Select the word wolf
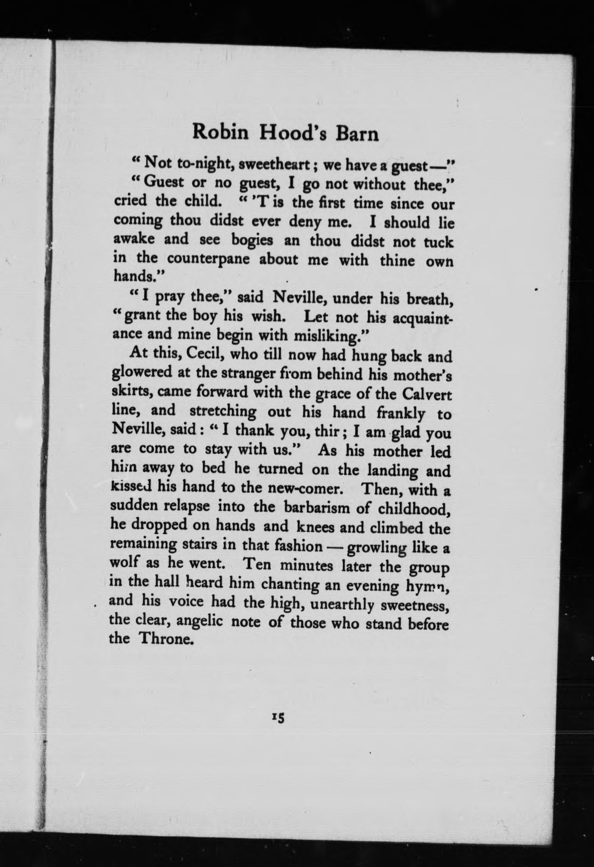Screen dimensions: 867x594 click(125, 563)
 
